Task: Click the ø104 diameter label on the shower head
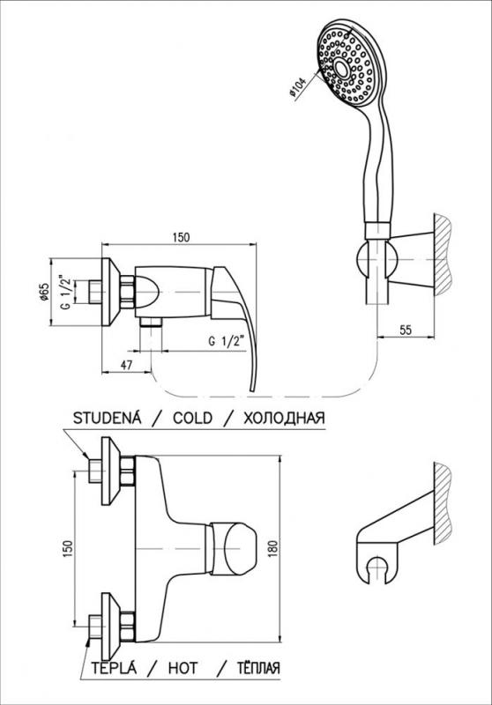298,86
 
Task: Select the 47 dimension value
126,365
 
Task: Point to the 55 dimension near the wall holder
406,330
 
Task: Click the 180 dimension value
274,548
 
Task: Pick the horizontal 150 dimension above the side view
181,237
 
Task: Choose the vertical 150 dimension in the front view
68,549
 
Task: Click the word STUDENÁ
107,418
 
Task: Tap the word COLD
192,418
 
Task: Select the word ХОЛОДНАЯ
284,418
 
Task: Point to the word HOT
183,668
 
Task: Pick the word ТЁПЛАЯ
258,668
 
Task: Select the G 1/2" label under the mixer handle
227,341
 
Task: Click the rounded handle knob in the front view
239,548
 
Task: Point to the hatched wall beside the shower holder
441,255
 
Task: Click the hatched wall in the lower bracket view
442,504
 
